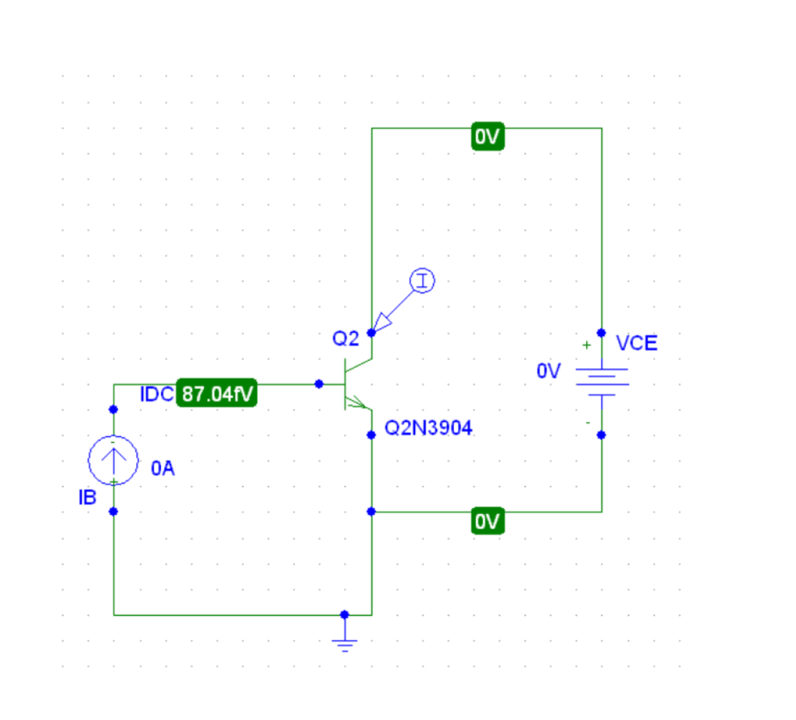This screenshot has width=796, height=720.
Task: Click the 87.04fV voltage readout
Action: [x=218, y=394]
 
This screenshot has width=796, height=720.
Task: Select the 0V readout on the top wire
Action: [x=488, y=138]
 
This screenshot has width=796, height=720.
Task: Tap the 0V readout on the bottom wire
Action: [x=488, y=522]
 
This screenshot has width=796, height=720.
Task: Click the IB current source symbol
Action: [x=113, y=460]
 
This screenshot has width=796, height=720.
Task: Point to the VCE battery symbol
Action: [x=601, y=383]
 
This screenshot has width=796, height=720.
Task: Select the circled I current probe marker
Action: [x=422, y=281]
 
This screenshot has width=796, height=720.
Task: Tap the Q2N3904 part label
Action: [x=428, y=428]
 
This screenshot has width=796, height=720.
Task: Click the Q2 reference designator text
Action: [x=346, y=338]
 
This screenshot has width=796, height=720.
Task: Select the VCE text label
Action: [x=636, y=343]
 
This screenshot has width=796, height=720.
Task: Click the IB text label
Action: [x=87, y=498]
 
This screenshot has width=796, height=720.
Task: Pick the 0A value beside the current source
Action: [x=163, y=468]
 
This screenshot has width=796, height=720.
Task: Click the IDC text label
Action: [x=157, y=394]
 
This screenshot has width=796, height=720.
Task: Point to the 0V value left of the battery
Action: [x=548, y=372]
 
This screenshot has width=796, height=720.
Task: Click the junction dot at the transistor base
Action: [x=319, y=384]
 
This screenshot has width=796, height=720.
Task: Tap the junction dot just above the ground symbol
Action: [x=345, y=614]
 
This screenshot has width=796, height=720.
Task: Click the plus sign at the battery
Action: [x=586, y=344]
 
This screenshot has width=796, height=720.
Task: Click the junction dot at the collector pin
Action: [x=372, y=333]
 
